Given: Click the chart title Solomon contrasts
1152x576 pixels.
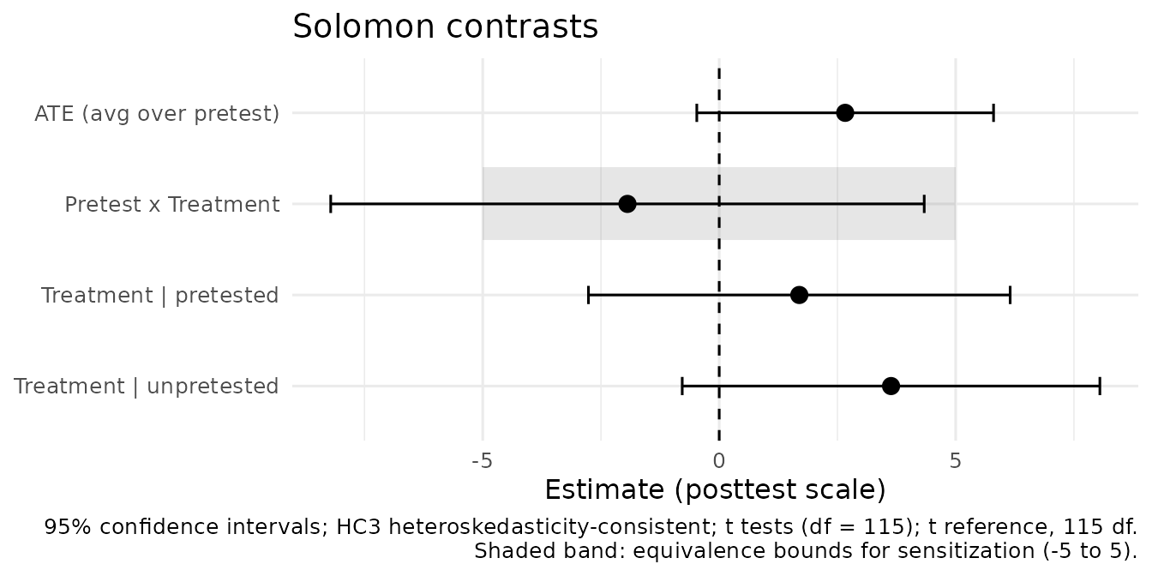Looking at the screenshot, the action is click(446, 27).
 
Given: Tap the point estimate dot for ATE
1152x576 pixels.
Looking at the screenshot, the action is click(845, 112).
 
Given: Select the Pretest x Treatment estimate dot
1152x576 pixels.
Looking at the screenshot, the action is click(627, 204).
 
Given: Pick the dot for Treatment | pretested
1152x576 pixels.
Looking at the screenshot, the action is click(799, 295).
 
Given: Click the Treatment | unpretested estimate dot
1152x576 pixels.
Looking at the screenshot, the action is click(891, 386).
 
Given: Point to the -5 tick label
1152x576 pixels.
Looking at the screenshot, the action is click(482, 461).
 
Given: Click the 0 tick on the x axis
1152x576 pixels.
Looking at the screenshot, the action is click(719, 461).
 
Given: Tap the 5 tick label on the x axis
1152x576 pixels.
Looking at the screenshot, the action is click(955, 461).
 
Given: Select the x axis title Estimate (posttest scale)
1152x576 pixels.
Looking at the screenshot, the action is click(715, 489).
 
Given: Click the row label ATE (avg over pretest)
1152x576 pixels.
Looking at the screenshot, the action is click(157, 114).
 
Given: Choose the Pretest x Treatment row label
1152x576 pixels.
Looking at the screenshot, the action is click(172, 204).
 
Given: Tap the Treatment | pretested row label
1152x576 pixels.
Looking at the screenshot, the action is click(160, 296).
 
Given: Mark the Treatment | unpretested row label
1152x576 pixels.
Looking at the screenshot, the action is click(146, 387).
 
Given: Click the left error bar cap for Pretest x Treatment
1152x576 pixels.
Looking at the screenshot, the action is click(331, 204).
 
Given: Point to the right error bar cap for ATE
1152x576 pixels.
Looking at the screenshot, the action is click(993, 112).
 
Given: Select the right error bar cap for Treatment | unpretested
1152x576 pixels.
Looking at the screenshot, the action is click(1100, 386).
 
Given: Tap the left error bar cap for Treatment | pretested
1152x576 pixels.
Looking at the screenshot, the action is click(588, 295).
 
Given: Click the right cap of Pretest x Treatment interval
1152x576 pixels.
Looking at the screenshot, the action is click(924, 204).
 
